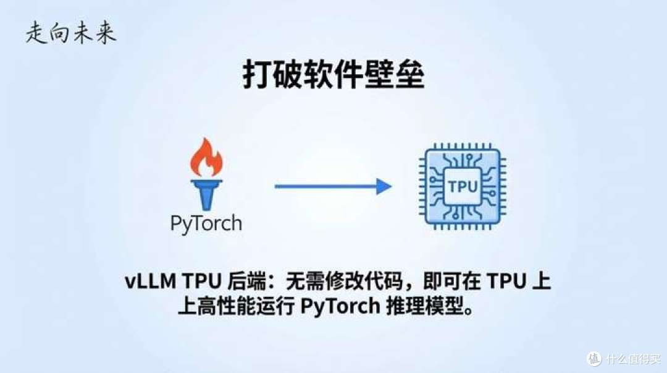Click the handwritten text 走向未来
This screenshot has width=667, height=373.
point(70,33)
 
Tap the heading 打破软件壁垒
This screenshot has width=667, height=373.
point(333,75)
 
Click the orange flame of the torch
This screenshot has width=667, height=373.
point(206,157)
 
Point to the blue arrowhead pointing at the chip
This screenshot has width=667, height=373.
point(384,186)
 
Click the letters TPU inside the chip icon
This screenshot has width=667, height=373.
point(463,187)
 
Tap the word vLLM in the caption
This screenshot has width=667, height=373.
point(151,281)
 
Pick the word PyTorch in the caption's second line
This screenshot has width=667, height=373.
point(340,306)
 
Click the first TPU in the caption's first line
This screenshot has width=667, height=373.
point(202,281)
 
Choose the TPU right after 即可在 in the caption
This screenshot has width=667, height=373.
point(506,281)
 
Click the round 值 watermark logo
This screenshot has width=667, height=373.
point(594,359)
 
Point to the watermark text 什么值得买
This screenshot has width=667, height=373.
point(633,359)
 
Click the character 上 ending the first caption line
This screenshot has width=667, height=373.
point(542,281)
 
